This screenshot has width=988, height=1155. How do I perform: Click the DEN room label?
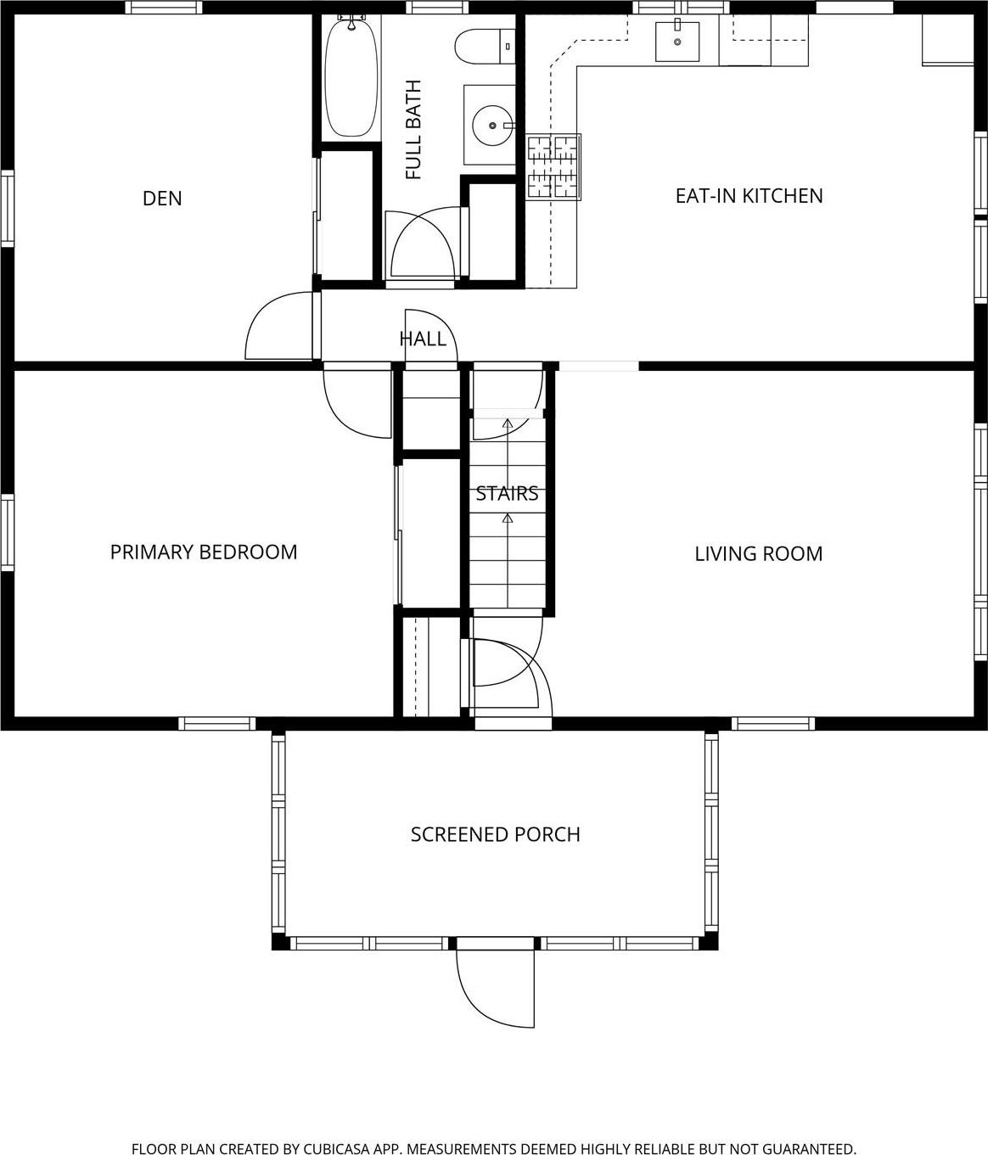pyautogui.click(x=161, y=199)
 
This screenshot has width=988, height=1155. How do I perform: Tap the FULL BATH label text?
pyautogui.click(x=413, y=130)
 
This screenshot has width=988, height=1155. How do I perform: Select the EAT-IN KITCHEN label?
pyautogui.click(x=749, y=196)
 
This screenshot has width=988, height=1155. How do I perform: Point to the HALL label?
pyautogui.click(x=423, y=339)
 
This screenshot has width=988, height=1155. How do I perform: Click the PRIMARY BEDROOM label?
pyautogui.click(x=204, y=552)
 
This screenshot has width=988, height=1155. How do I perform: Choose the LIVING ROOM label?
pyautogui.click(x=758, y=554)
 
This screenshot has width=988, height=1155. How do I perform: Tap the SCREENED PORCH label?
pyautogui.click(x=495, y=835)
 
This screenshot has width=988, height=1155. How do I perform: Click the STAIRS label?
pyautogui.click(x=507, y=494)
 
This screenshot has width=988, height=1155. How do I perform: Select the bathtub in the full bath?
pyautogui.click(x=350, y=76)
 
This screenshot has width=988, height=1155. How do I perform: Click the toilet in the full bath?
pyautogui.click(x=485, y=47)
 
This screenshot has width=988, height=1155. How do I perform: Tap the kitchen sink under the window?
pyautogui.click(x=677, y=42)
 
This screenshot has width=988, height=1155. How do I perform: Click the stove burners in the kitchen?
pyautogui.click(x=553, y=166)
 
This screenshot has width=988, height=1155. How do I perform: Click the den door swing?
pyautogui.click(x=278, y=327)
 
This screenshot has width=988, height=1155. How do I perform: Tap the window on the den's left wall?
pyautogui.click(x=7, y=208)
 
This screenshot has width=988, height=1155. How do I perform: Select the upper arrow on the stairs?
pyautogui.click(x=507, y=424)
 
